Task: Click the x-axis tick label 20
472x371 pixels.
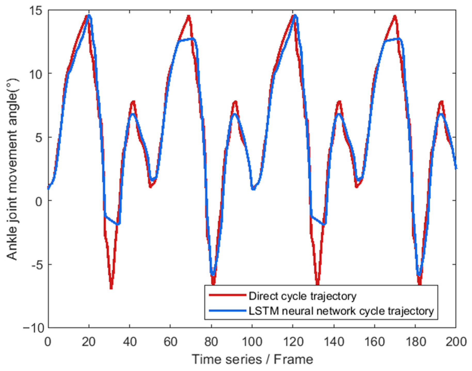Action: click(x=89, y=342)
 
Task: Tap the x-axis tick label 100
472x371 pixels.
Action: click(x=252, y=342)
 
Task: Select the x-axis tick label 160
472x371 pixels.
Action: click(x=374, y=342)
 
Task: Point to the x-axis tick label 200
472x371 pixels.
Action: click(x=456, y=342)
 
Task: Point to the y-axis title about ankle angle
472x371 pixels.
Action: click(x=12, y=169)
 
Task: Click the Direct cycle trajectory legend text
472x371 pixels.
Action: click(x=302, y=296)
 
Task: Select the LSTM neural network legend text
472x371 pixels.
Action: click(x=341, y=311)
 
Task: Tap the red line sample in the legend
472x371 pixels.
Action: click(x=227, y=295)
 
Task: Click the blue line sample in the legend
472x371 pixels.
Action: click(x=227, y=311)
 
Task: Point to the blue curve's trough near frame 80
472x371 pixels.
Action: click(x=212, y=274)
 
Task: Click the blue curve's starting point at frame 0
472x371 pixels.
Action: click(x=49, y=188)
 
